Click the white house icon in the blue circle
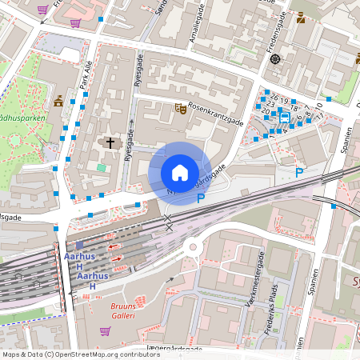pyautogui.click(x=180, y=172)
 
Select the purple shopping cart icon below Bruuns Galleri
pyautogui.click(x=104, y=331)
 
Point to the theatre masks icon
pyautogui.click(x=182, y=107)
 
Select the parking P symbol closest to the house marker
pyautogui.click(x=201, y=198)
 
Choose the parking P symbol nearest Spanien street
pyautogui.click(x=299, y=172)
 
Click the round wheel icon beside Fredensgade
pyautogui.click(x=275, y=58)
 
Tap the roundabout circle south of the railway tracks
pyautogui.click(x=194, y=247)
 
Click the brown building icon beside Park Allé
pyautogui.click(x=58, y=102)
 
